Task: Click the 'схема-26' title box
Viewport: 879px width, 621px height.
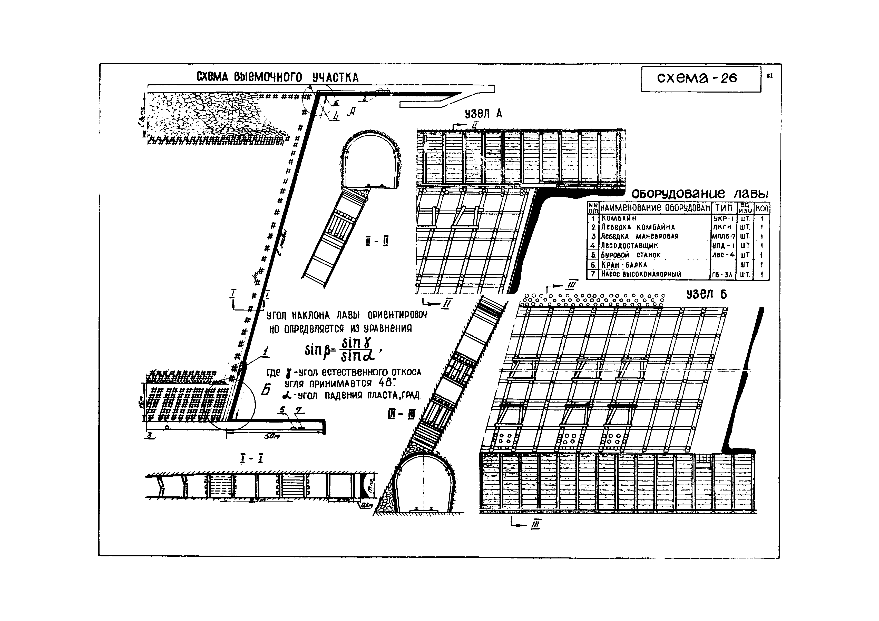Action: [x=701, y=78]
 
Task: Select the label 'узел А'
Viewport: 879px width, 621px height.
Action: [x=483, y=114]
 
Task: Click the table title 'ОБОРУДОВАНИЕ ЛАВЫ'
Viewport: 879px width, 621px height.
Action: [x=699, y=194]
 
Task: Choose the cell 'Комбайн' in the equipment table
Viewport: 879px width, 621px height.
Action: [x=618, y=218]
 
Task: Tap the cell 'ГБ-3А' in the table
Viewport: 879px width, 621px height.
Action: [x=723, y=274]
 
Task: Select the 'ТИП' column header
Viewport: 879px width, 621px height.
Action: [x=724, y=208]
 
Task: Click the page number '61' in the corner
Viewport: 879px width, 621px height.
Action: [x=769, y=76]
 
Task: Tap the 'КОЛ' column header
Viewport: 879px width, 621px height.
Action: [x=761, y=208]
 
